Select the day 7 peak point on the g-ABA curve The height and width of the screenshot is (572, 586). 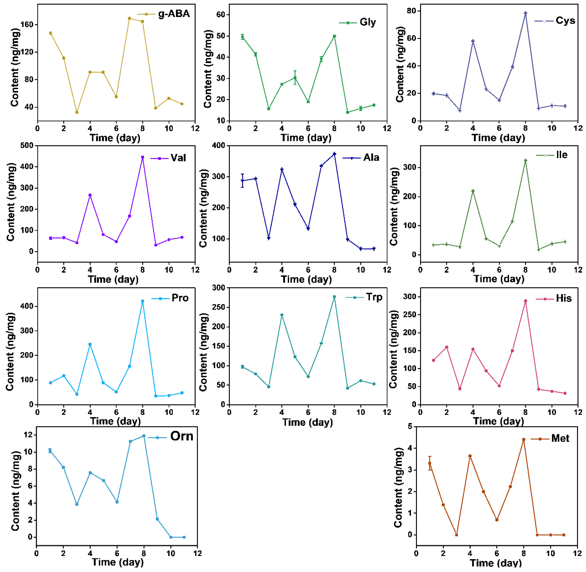point(129,18)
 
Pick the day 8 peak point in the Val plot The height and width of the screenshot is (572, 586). point(143,157)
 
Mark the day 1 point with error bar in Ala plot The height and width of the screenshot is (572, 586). point(242,181)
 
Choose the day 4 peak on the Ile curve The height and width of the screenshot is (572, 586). point(473,191)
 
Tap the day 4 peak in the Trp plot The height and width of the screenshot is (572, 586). point(282,315)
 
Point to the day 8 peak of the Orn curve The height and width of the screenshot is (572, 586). point(144,436)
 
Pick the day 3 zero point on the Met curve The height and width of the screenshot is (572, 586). point(456,535)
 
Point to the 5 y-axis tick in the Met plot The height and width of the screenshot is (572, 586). point(410,426)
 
